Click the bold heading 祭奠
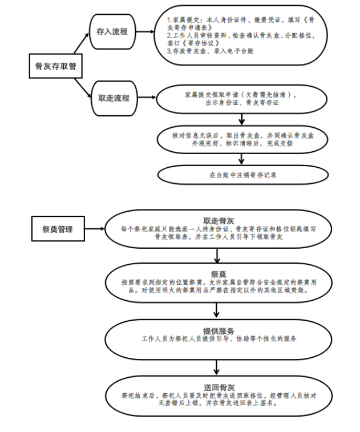(218, 273)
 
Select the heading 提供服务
(218, 330)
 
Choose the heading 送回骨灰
(218, 386)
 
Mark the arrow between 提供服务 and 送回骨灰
(217, 366)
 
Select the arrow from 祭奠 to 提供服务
(217, 310)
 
